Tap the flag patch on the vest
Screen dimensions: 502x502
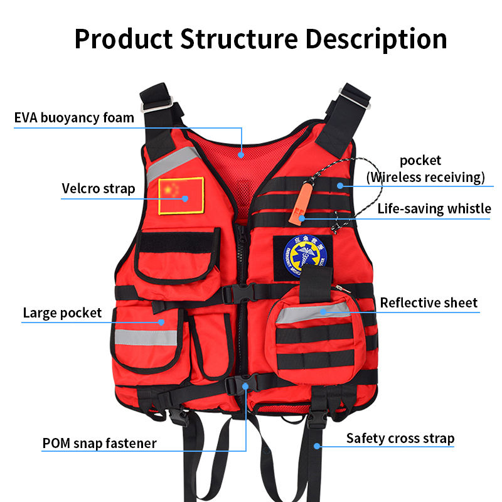tap(181, 195)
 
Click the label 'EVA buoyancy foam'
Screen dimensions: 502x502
tap(74, 117)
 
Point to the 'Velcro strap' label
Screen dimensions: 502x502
tap(98, 188)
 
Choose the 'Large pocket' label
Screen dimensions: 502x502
tap(62, 312)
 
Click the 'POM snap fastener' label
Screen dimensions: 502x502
tap(99, 443)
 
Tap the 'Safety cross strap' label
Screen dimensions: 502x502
tap(400, 438)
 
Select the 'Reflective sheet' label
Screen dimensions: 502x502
tap(429, 303)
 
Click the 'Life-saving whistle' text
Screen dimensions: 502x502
tap(434, 209)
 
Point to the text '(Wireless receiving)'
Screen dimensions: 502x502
tap(425, 177)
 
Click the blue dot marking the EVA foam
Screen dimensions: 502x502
tap(242, 152)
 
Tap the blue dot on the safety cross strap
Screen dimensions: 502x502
tap(318, 446)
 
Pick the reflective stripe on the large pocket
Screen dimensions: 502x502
tap(146, 338)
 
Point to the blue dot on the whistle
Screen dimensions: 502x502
tap(302, 218)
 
